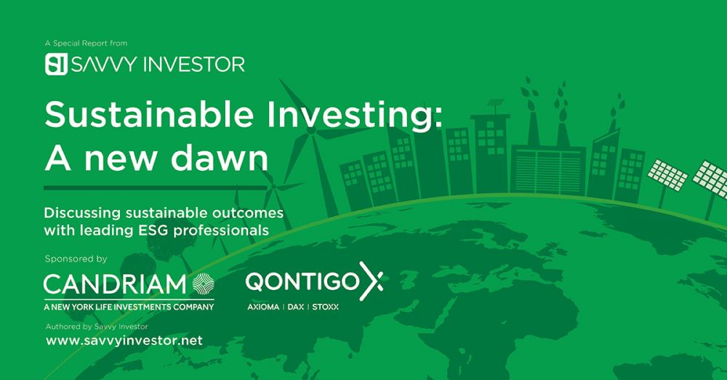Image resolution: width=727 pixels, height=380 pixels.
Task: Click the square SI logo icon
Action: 56,64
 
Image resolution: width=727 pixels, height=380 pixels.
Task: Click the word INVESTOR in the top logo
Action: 194,65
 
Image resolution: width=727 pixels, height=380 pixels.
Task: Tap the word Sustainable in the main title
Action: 149,115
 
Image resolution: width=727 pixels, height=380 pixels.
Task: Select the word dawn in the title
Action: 220,158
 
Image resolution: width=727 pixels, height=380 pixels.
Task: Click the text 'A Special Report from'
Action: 86,43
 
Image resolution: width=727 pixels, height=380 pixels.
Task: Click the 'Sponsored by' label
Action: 76,259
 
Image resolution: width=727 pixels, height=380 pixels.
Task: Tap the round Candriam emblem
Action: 203,283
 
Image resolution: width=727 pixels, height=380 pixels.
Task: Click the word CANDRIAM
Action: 115,284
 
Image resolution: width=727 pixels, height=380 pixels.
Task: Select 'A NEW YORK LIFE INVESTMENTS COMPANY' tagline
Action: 129,307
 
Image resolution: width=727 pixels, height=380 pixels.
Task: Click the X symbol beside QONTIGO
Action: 371,281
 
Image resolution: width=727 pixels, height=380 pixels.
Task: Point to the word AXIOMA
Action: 263,307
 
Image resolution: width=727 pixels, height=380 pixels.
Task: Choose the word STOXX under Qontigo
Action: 326,307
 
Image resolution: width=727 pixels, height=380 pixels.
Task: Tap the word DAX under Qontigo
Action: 296,307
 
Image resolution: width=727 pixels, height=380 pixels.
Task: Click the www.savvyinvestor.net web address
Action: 124,341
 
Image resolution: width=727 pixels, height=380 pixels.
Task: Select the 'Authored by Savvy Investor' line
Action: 97,326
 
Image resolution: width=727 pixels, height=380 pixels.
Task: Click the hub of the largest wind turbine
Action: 312,130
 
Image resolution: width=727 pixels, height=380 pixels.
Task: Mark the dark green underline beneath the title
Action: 156,187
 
